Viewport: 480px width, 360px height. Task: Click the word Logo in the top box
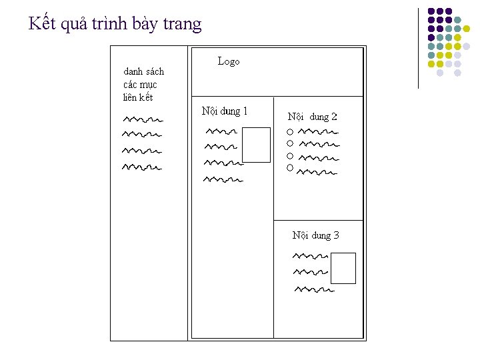[x=229, y=61]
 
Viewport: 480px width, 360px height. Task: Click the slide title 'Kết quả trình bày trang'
[x=115, y=25]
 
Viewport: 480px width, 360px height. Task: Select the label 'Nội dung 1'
[x=225, y=111]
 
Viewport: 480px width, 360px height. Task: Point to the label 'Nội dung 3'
[x=316, y=235]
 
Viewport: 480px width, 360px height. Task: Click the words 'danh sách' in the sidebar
[x=143, y=71]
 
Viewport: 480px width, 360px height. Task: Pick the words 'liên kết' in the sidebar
[x=138, y=97]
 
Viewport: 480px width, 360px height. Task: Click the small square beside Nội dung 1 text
[x=256, y=145]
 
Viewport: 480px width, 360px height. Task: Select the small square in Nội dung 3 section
[x=343, y=268]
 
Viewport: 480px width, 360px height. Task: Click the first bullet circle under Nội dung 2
[x=290, y=131]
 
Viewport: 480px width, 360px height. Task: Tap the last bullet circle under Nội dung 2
[x=290, y=168]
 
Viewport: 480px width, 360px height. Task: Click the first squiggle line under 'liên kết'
[x=143, y=120]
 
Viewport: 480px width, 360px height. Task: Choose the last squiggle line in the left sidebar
[x=142, y=167]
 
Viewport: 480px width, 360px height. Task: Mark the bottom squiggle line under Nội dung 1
[x=223, y=179]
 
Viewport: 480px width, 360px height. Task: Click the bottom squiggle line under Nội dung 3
[x=314, y=290]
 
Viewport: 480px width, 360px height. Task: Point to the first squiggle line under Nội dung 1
[x=221, y=131]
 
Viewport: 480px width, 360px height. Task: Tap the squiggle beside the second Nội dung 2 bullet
[x=318, y=144]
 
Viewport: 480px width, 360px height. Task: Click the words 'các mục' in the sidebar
[x=140, y=85]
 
